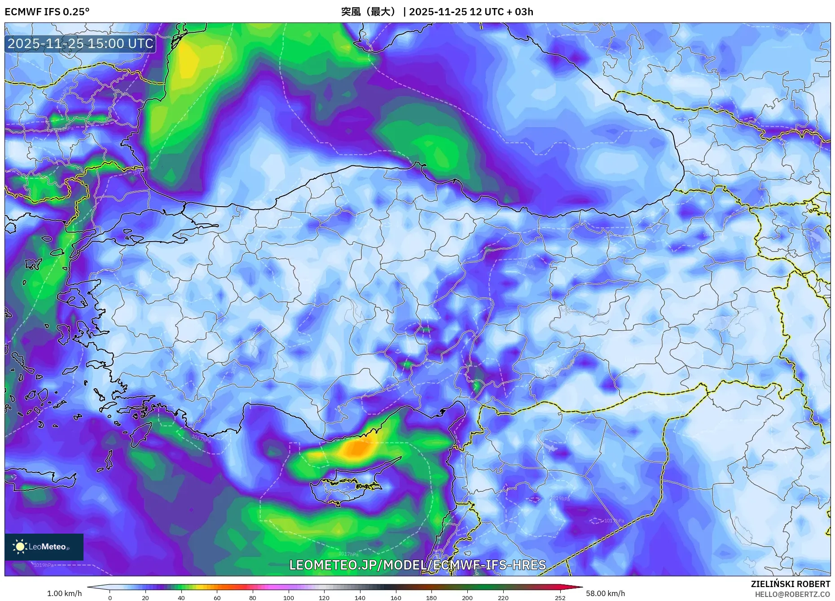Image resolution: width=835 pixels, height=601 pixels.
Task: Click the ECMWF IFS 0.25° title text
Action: [47, 12]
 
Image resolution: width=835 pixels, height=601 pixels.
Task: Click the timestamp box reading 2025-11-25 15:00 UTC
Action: [80, 44]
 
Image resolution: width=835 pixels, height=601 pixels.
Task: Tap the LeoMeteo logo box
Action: [44, 547]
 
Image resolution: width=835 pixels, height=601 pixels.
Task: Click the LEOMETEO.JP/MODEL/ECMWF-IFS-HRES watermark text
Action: [417, 565]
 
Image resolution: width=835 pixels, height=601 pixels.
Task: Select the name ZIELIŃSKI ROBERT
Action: [790, 584]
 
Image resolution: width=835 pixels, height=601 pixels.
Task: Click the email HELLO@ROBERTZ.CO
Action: [792, 594]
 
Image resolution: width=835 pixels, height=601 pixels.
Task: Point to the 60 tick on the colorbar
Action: [217, 597]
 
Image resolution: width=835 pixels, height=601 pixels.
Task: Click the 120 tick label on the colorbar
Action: [324, 597]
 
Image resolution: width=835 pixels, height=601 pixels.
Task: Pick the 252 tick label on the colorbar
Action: [560, 597]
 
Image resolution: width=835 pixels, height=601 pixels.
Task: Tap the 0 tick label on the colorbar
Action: [110, 597]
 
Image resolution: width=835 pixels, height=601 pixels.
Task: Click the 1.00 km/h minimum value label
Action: [65, 593]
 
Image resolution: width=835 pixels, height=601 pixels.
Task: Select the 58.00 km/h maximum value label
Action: [605, 593]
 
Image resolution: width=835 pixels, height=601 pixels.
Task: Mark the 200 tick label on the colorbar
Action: [467, 597]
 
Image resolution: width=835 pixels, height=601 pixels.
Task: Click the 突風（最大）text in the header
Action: [369, 12]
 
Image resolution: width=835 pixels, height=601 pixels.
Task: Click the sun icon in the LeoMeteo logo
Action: [20, 547]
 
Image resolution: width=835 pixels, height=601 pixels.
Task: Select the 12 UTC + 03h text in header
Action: [501, 12]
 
